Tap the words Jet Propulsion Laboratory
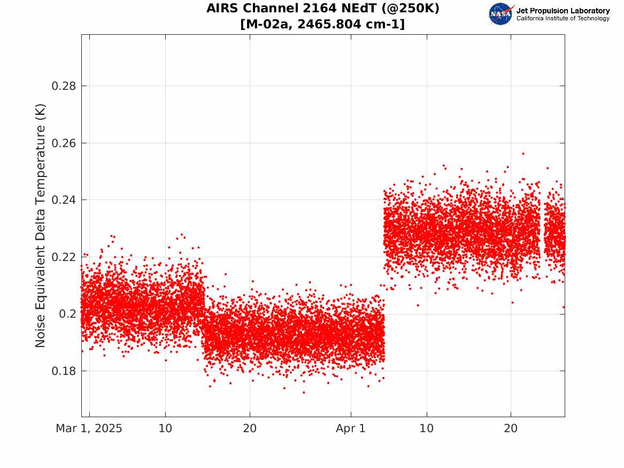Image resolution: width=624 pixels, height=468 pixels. point(563,11)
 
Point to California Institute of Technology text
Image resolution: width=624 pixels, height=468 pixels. point(563,18)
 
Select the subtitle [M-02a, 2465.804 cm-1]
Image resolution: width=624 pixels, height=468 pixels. point(323,24)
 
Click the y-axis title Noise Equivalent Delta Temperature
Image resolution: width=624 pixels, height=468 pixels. point(41,226)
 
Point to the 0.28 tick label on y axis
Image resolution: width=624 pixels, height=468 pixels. point(64,86)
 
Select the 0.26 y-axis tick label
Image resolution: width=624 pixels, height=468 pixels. point(64,143)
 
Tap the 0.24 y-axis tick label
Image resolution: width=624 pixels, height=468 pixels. point(64,200)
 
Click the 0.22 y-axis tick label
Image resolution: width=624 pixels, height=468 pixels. point(64,257)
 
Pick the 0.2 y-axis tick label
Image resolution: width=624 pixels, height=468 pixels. point(67,314)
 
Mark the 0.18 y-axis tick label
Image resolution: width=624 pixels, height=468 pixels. point(64,371)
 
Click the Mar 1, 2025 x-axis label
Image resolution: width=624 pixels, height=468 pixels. point(89,428)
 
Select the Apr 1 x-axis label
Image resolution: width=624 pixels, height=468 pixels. point(351,428)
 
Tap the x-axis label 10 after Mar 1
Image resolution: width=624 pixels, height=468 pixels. point(165,428)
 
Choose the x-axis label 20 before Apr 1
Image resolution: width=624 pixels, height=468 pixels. point(250,428)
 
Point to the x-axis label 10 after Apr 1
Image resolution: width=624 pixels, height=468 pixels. point(427,428)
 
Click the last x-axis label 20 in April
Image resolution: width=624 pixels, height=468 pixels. point(511,428)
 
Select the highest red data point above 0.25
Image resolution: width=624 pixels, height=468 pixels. point(523,154)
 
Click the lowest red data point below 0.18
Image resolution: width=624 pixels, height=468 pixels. point(304,393)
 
